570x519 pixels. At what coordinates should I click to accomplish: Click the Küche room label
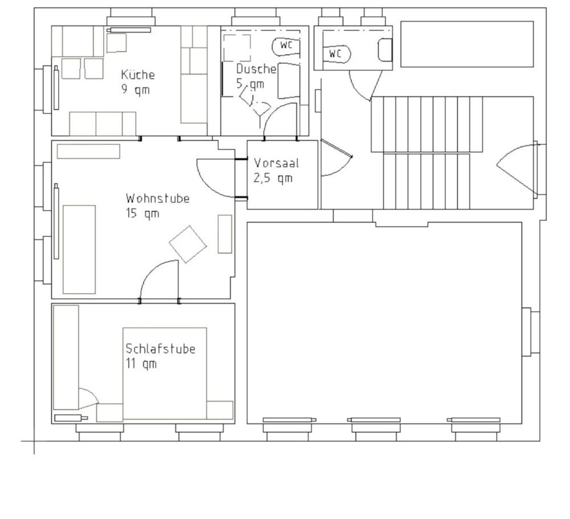tap(138, 75)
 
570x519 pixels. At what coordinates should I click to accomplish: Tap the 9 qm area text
tap(136, 90)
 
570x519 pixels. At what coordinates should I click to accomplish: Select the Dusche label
tap(256, 69)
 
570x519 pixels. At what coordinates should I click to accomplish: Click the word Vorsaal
tap(276, 163)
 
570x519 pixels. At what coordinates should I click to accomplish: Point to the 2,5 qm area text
tap(273, 178)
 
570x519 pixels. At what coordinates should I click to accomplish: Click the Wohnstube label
tap(158, 198)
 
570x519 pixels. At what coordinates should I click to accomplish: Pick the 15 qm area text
tap(142, 213)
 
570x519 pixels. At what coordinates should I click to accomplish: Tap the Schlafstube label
tap(160, 349)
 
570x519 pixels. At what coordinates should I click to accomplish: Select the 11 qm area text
tap(141, 364)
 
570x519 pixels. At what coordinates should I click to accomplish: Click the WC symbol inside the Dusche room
tap(286, 46)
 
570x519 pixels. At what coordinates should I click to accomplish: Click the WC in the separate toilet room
tap(337, 54)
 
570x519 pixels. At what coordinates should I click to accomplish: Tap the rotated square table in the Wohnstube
tap(188, 245)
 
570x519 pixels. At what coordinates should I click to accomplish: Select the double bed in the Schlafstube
tap(165, 374)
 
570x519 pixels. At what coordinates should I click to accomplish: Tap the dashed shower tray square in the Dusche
tap(237, 48)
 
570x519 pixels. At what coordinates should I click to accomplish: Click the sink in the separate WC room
tap(385, 50)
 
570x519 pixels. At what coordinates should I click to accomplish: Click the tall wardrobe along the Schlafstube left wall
tap(66, 357)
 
